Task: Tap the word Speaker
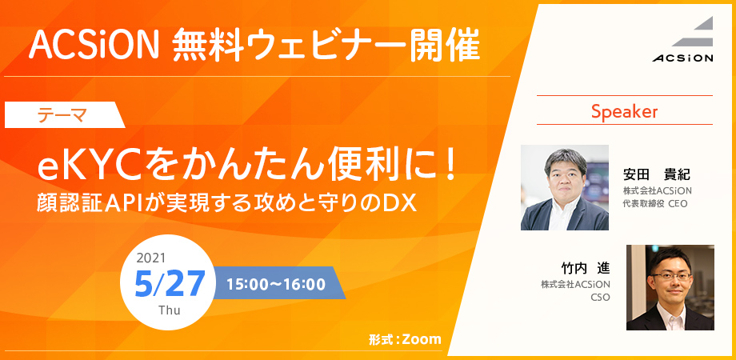click(624, 111)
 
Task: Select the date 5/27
click(170, 284)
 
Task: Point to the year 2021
click(150, 258)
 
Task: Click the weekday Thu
click(170, 310)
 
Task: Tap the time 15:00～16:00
click(276, 285)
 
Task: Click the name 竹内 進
click(586, 269)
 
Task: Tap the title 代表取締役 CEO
click(654, 204)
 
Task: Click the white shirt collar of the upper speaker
click(565, 214)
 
